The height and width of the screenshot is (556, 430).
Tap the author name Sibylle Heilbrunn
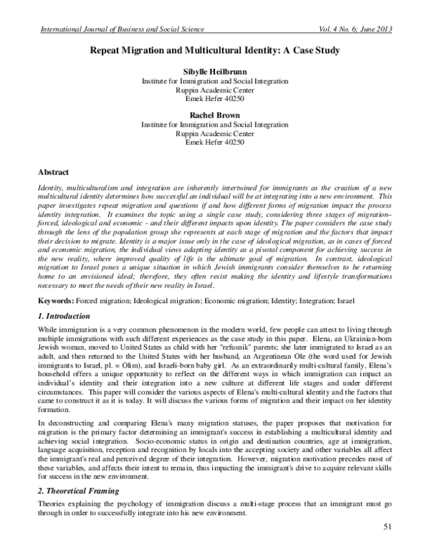click(x=215, y=72)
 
